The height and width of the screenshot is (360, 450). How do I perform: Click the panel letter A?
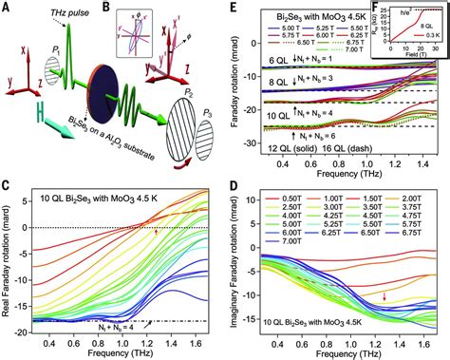pyautogui.click(x=7, y=8)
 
